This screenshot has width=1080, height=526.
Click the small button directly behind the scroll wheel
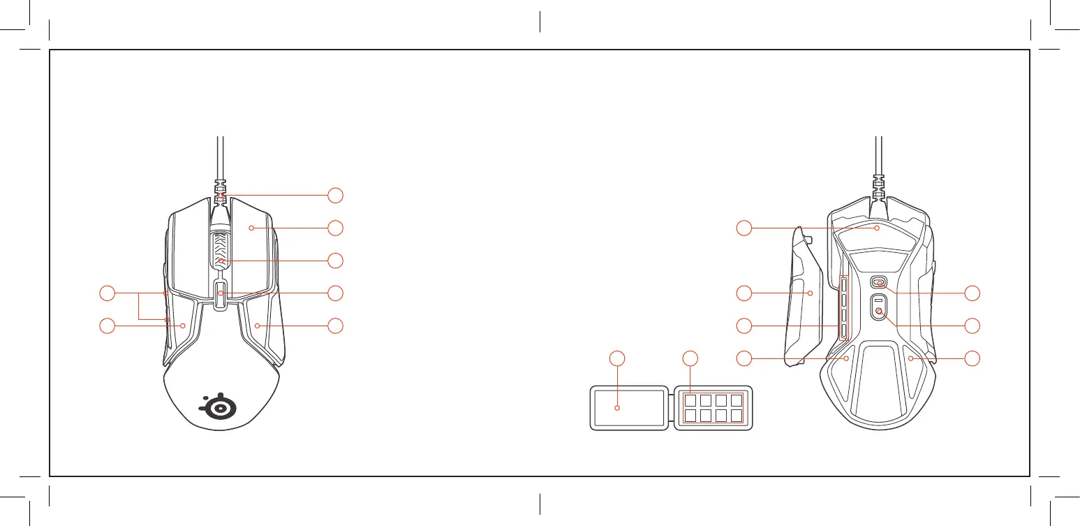[x=220, y=293]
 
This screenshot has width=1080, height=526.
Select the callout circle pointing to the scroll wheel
[x=336, y=261]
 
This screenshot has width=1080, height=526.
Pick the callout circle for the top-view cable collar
[x=336, y=195]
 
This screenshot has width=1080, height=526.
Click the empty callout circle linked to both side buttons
[x=107, y=293]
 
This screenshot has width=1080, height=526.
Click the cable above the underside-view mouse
[x=878, y=157]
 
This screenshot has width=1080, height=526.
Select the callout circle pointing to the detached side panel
[x=746, y=293]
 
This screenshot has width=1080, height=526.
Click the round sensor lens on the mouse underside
[x=878, y=312]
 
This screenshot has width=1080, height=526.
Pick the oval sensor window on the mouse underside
[x=878, y=282]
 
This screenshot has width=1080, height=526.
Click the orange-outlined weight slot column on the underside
[x=843, y=307]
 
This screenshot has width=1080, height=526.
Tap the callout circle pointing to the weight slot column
[x=746, y=326]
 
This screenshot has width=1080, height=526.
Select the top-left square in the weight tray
[x=690, y=401]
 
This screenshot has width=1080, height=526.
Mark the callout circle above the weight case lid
[x=617, y=358]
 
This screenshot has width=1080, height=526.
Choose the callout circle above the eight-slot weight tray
[x=690, y=358]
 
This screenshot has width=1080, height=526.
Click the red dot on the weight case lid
[x=617, y=408]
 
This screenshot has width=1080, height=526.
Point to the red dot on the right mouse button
[x=251, y=228]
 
